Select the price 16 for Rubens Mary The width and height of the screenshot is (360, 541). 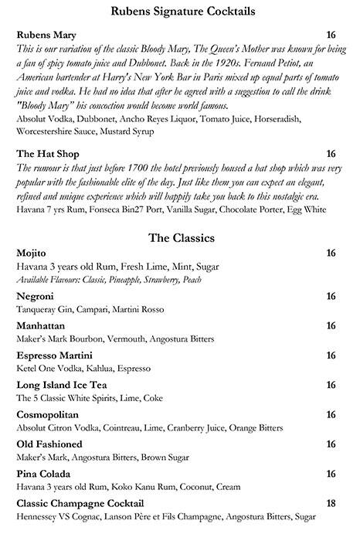pos(332,36)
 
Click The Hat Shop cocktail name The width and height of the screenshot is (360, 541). pos(46,154)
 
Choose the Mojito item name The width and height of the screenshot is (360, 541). pos(32,253)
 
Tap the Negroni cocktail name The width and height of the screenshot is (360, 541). pos(35,296)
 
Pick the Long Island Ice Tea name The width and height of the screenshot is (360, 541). pos(61,385)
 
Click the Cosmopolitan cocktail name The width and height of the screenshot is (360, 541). pos(50,415)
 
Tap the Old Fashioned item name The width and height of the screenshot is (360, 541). pos(49,444)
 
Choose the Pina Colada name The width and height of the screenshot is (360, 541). pos(43,474)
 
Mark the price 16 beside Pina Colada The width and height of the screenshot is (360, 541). pos(332,474)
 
